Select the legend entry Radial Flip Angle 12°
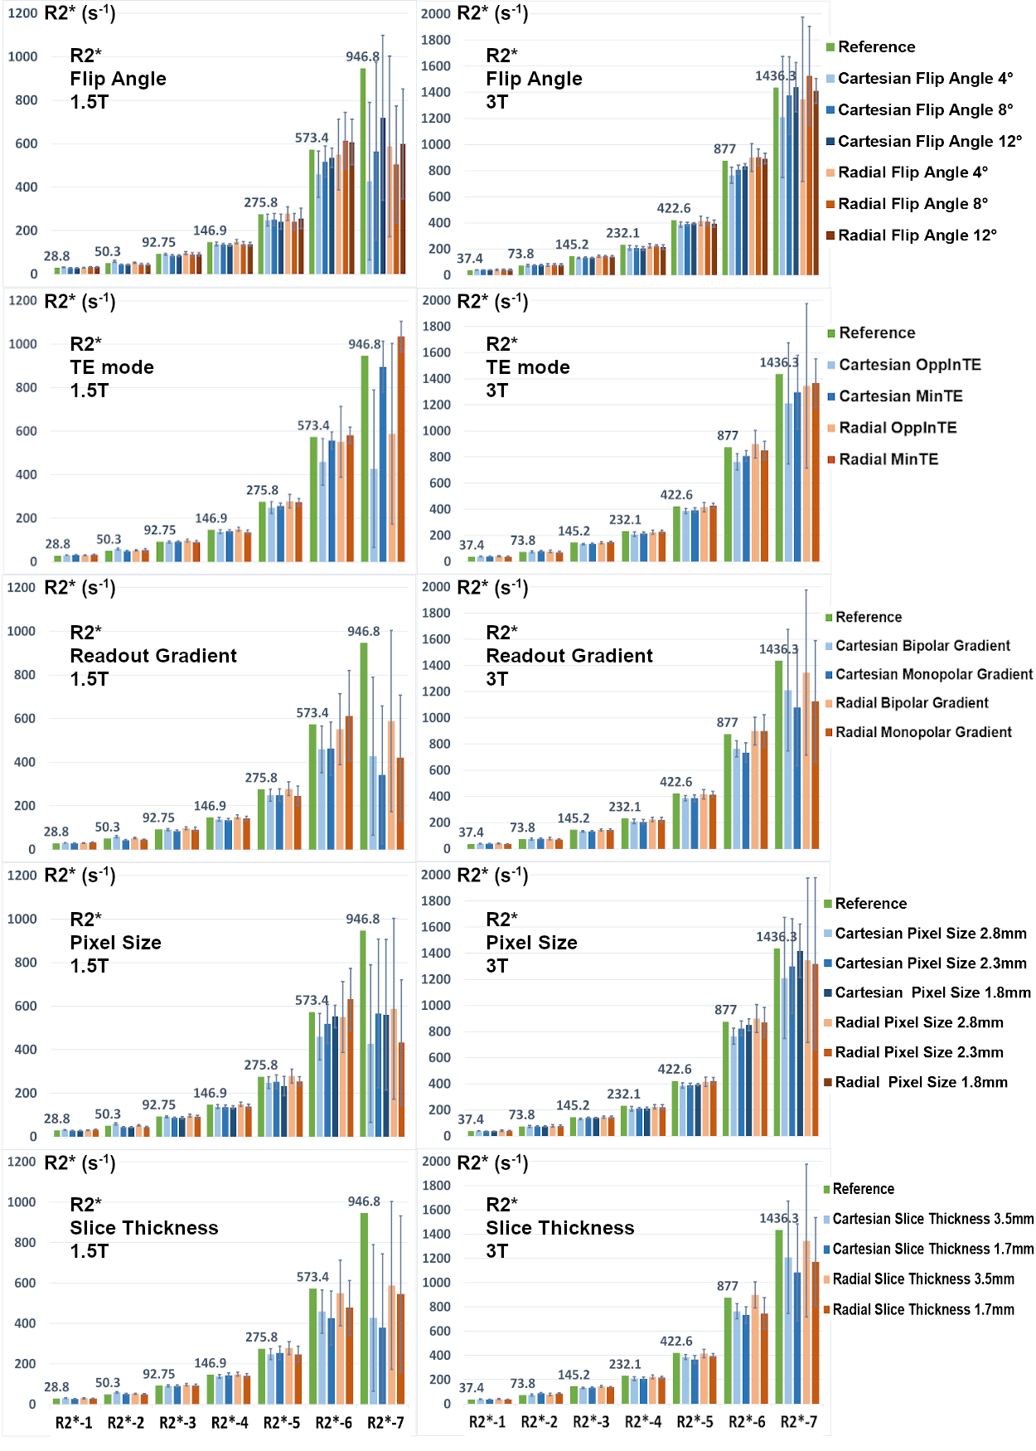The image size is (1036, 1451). pyautogui.click(x=917, y=235)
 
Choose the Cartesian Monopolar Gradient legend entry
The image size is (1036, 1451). pyautogui.click(x=933, y=674)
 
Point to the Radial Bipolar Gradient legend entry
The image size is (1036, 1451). pyautogui.click(x=912, y=703)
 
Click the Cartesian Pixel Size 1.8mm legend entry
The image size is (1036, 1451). pyautogui.click(x=932, y=992)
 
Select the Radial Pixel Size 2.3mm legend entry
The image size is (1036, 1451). pyautogui.click(x=918, y=1052)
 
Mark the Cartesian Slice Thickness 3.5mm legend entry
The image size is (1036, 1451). pyautogui.click(x=932, y=1219)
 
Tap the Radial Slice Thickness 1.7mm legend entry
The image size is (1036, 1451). pyautogui.click(x=923, y=1309)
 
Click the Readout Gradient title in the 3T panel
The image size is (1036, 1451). pyautogui.click(x=569, y=656)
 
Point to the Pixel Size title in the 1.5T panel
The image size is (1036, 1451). pyautogui.click(x=115, y=943)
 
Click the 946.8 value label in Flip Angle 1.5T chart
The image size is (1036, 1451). pyautogui.click(x=362, y=57)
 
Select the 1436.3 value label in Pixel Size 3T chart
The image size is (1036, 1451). pyautogui.click(x=776, y=937)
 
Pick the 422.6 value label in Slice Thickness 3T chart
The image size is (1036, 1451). pyautogui.click(x=675, y=1341)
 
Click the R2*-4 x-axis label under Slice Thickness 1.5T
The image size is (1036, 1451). pyautogui.click(x=230, y=1423)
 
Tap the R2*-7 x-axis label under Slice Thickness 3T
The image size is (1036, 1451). pyautogui.click(x=799, y=1422)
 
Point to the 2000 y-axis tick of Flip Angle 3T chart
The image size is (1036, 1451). pyautogui.click(x=435, y=14)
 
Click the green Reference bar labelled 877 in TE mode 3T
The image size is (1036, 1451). pyautogui.click(x=728, y=504)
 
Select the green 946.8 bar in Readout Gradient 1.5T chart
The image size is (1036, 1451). pyautogui.click(x=364, y=746)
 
